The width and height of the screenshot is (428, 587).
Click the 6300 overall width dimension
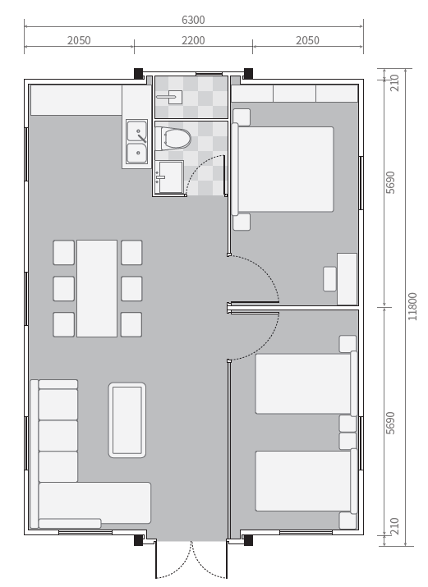click(x=193, y=20)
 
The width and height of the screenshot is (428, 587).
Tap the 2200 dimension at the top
click(x=193, y=40)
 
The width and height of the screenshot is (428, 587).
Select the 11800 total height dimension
click(x=412, y=306)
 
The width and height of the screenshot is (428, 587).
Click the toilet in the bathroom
click(x=173, y=138)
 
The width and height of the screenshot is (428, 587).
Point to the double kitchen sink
click(x=136, y=142)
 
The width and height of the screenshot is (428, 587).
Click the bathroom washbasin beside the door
click(x=169, y=177)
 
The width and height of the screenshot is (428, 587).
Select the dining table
click(x=97, y=289)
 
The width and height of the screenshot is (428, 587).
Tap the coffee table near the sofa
click(x=127, y=420)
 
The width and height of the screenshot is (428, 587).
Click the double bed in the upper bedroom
click(x=283, y=169)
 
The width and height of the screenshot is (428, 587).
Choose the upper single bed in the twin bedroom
click(x=306, y=383)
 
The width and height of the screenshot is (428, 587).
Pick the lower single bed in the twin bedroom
click(x=306, y=481)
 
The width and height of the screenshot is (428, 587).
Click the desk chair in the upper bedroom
click(x=329, y=279)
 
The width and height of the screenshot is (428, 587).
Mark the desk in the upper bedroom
click(x=347, y=279)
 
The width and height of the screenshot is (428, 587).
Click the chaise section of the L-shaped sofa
click(x=94, y=503)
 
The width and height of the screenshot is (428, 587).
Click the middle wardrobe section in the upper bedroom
click(x=295, y=94)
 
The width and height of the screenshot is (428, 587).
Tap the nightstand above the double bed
click(x=242, y=117)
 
